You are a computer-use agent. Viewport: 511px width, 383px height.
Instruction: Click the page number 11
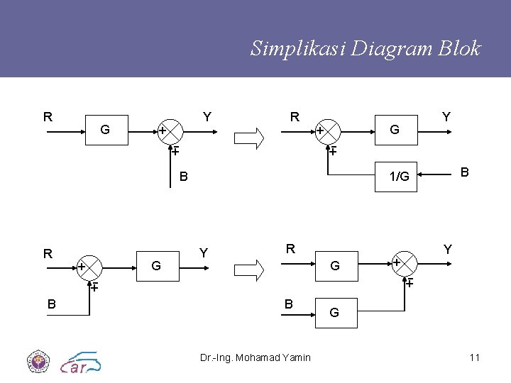click(x=474, y=357)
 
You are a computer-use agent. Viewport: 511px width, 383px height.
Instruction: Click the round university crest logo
click(x=37, y=362)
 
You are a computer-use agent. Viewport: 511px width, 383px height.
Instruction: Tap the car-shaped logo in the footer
click(x=81, y=362)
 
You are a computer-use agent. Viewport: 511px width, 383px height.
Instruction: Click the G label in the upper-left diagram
click(x=105, y=130)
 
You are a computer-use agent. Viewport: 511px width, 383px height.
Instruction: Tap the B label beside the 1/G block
click(x=465, y=172)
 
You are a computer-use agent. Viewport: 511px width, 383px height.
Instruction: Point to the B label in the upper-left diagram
click(x=183, y=175)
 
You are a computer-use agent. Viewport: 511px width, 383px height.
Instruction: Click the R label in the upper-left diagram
click(x=48, y=117)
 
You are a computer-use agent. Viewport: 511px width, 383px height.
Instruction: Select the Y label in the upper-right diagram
click(x=446, y=116)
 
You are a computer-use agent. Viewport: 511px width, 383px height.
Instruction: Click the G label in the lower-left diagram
click(x=156, y=266)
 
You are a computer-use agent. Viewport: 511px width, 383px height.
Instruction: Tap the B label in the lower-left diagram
click(x=51, y=304)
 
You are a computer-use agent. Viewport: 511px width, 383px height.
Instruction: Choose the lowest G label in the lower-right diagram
click(x=334, y=313)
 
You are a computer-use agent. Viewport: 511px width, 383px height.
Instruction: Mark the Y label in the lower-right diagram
click(x=448, y=249)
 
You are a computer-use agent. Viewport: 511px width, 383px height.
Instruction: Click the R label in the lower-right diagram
click(x=290, y=249)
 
